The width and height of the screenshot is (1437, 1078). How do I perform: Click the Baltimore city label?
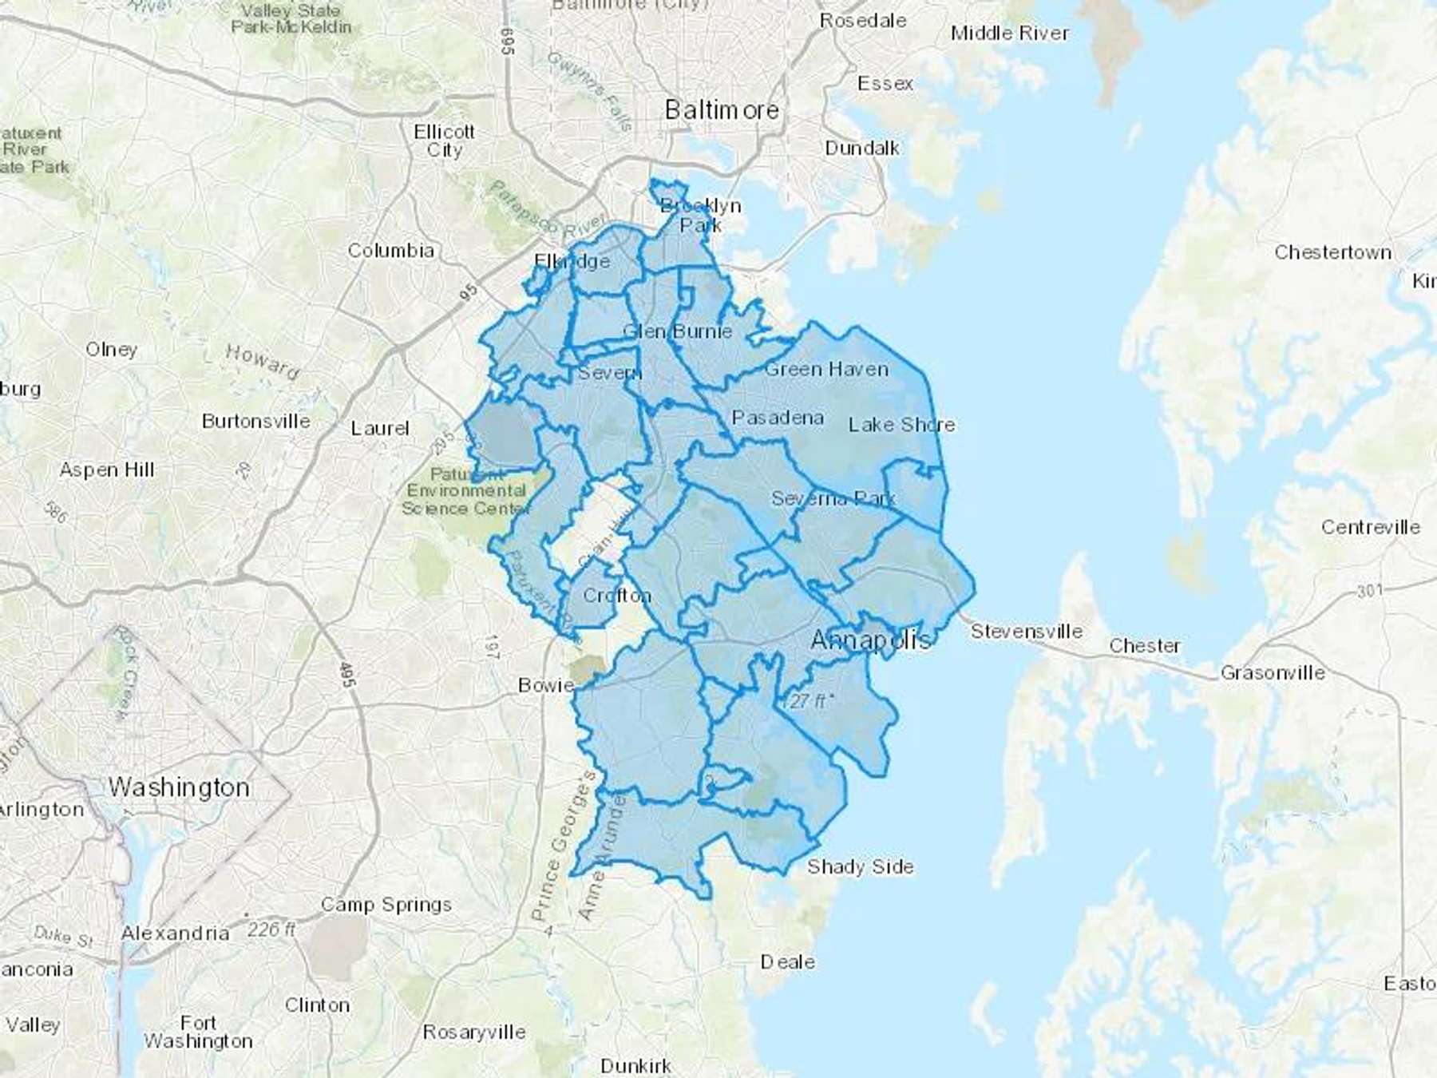click(722, 109)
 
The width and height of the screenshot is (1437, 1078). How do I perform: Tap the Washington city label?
click(179, 787)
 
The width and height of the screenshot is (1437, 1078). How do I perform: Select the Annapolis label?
click(870, 640)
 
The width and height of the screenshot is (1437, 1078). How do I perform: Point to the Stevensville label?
click(1027, 632)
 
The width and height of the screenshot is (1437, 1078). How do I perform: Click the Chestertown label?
click(1332, 252)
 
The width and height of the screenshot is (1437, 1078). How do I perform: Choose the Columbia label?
click(390, 251)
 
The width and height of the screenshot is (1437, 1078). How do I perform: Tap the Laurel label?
click(380, 429)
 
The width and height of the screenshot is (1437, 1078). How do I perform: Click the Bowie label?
click(546, 685)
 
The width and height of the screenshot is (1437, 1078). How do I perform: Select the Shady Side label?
click(860, 866)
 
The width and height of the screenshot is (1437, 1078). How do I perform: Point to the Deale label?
click(787, 962)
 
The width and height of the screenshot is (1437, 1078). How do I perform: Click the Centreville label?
click(1370, 527)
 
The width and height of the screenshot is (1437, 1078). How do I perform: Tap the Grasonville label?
click(1273, 673)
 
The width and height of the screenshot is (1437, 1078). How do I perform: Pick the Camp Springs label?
click(386, 905)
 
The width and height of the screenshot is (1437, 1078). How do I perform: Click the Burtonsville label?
click(255, 421)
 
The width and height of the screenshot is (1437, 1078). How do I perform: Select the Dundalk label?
click(861, 149)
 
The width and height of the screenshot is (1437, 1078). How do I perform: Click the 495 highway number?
click(346, 675)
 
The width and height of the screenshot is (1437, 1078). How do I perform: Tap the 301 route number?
click(1368, 592)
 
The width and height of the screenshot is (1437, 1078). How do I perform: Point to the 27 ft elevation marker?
click(809, 701)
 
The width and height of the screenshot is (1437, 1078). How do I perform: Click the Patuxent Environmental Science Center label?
click(465, 491)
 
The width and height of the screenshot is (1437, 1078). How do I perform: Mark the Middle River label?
click(1009, 34)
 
